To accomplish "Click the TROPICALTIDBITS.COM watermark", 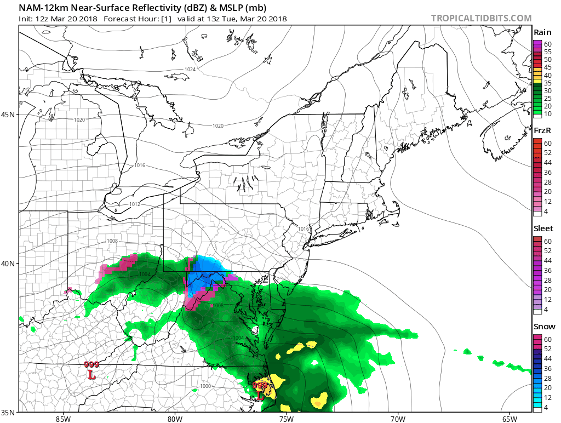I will pyautogui.click(x=481, y=18).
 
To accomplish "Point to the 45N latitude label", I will pyautogui.click(x=9, y=114).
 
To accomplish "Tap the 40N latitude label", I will pyautogui.click(x=9, y=263).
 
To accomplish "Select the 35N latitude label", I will pyautogui.click(x=9, y=411).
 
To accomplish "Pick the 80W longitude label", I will pyautogui.click(x=175, y=419).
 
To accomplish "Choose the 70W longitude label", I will pyautogui.click(x=398, y=419).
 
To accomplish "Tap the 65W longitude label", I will pyautogui.click(x=509, y=419).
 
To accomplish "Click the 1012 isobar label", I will pyautogui.click(x=135, y=204).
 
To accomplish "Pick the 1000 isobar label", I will pyautogui.click(x=205, y=386).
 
